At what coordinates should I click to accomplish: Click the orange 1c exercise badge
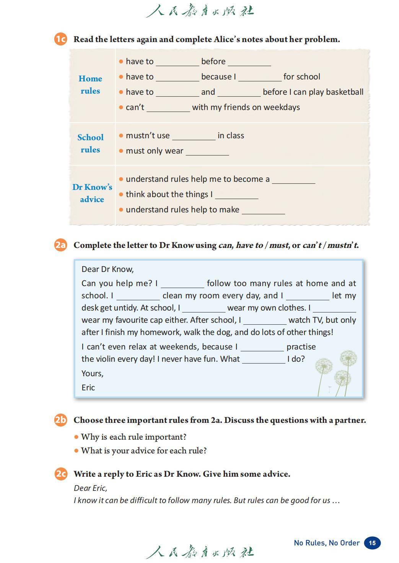tap(60, 39)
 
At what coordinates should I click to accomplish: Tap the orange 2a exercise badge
tap(60, 245)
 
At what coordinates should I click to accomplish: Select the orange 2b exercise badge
tap(60, 420)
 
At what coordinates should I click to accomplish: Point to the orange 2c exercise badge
tap(60, 474)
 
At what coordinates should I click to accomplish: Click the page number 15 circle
tap(372, 543)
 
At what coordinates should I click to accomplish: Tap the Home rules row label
tap(90, 84)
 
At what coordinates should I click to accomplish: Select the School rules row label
tap(90, 143)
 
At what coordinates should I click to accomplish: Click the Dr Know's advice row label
tap(92, 193)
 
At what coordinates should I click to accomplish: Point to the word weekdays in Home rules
tap(282, 107)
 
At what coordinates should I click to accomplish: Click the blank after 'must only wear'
tap(207, 152)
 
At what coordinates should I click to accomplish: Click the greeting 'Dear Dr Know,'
tap(107, 269)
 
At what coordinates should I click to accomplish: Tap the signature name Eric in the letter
tap(88, 388)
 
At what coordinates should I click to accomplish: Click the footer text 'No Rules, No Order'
tap(327, 543)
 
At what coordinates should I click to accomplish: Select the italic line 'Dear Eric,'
tap(90, 488)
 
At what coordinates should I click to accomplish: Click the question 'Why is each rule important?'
tap(134, 437)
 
